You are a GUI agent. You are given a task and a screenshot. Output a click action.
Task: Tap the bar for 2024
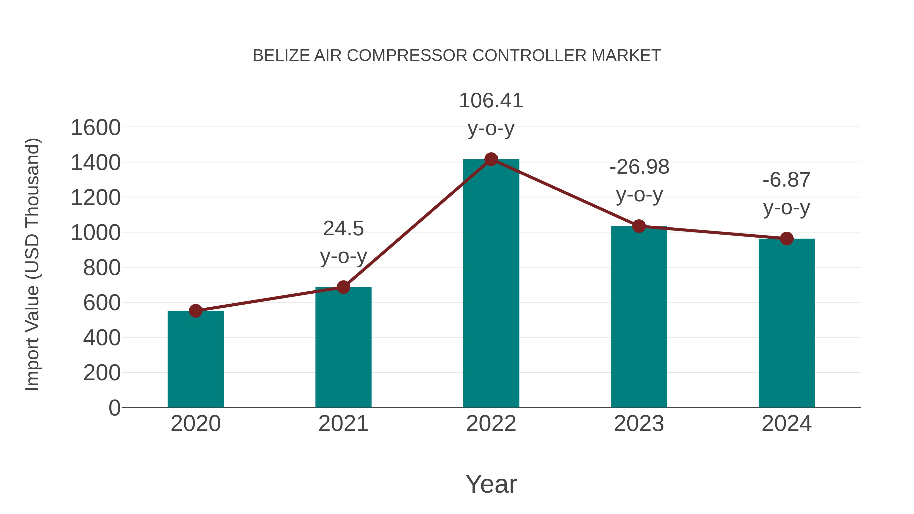pyautogui.click(x=787, y=323)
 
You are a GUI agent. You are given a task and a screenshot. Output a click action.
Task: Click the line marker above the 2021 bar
pyautogui.click(x=343, y=287)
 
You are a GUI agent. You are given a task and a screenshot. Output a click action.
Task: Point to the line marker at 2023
pyautogui.click(x=639, y=226)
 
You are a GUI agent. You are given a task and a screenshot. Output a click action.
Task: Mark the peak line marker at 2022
pyautogui.click(x=491, y=159)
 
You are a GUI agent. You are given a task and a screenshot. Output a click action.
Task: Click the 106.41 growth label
pyautogui.click(x=491, y=101)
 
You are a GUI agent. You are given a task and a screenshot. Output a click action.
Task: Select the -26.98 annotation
pyautogui.click(x=639, y=167)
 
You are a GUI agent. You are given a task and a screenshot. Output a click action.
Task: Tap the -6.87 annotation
pyautogui.click(x=787, y=180)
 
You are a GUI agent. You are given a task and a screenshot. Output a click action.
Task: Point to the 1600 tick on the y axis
pyautogui.click(x=95, y=128)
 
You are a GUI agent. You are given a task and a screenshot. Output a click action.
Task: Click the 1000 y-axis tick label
pyautogui.click(x=95, y=233)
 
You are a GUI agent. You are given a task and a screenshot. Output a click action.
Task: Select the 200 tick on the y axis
pyautogui.click(x=102, y=373)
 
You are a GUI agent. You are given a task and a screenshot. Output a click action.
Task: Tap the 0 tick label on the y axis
pyautogui.click(x=114, y=408)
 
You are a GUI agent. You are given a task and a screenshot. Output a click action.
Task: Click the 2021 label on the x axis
pyautogui.click(x=343, y=424)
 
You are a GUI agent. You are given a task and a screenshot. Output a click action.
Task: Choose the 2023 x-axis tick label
pyautogui.click(x=639, y=424)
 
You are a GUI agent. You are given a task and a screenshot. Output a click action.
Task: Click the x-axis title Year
pyautogui.click(x=491, y=484)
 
